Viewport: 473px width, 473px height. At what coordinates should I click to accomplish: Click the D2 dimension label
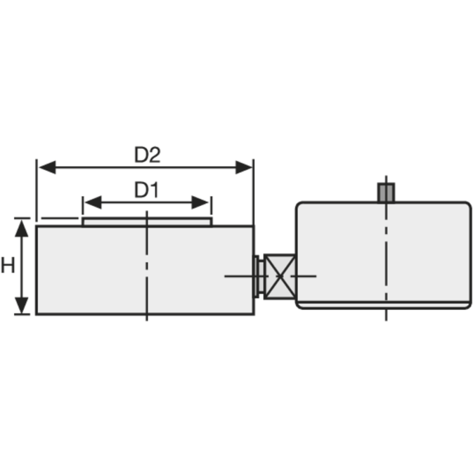coord(147,155)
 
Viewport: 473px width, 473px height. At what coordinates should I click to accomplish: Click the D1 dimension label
coord(147,190)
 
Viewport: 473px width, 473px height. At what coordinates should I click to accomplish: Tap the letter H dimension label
coord(8,266)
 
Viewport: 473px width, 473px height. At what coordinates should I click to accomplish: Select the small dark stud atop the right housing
coord(386,192)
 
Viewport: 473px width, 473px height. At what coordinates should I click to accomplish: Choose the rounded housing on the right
coord(343,248)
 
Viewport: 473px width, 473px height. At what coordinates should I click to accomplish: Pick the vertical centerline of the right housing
coord(386,260)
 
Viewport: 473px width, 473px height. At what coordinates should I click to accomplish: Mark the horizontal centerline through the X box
coord(237,276)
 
